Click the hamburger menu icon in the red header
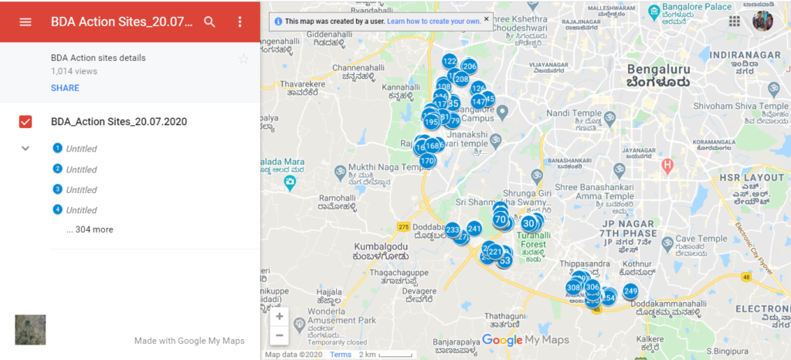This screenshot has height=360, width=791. pos(25,22)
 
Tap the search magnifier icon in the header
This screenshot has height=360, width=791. pos(209,22)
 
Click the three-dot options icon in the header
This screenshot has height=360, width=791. pos(239,22)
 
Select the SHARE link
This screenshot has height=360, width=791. pos(65,88)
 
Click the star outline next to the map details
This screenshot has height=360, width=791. pos(244,59)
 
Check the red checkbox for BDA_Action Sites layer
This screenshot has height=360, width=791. pos(25,122)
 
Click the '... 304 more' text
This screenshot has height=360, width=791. pos(90,229)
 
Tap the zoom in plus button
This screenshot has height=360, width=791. pos(279,316)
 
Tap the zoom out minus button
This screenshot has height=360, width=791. pos(279,335)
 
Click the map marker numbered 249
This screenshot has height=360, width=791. pos(630,291)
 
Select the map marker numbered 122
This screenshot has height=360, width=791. pos(449,61)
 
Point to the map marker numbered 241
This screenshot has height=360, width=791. pos(474,228)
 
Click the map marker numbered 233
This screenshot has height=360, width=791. pos(453,229)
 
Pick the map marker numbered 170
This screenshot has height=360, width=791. pos(427,161)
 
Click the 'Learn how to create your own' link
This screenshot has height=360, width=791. pos(433,21)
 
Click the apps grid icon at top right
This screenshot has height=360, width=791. pos(734,22)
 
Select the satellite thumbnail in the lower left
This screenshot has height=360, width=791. pos(31,330)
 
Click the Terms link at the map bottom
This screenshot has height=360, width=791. pos(341,355)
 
